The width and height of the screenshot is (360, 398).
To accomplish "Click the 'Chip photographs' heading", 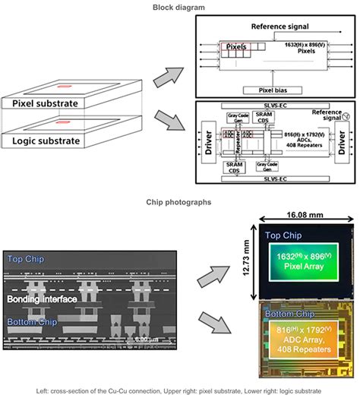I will (x=179, y=202).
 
